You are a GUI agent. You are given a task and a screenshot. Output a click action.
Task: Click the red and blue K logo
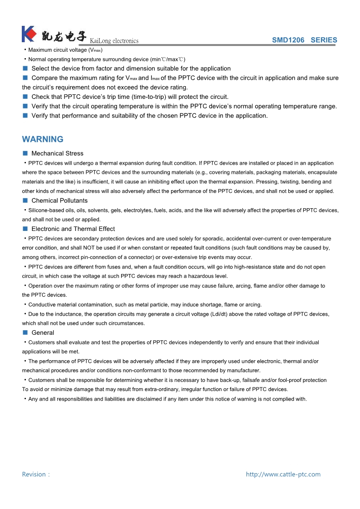point(29,34)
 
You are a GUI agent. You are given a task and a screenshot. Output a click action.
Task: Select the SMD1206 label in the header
point(288,40)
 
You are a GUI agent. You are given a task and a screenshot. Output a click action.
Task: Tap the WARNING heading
point(43,139)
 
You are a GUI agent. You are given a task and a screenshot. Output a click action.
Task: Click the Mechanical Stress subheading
point(57,153)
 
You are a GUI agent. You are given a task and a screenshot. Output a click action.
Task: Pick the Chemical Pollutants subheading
point(59,201)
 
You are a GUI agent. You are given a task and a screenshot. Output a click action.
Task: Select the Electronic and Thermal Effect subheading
point(73,229)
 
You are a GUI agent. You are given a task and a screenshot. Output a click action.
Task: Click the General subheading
point(43,333)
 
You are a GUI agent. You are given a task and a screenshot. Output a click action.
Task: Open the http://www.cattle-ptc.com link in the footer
point(283,475)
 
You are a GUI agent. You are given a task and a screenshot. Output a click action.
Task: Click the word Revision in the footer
point(34,475)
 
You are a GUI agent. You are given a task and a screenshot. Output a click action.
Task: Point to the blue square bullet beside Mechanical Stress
point(25,153)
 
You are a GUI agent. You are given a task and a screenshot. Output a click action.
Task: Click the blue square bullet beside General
point(25,333)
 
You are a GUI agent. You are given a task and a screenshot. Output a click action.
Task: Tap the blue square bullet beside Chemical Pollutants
point(25,201)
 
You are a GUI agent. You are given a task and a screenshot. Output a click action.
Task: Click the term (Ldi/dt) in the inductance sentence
point(232,314)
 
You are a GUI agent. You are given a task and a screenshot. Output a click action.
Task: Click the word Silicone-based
point(46,210)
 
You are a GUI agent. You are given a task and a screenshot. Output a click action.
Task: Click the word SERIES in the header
point(324,40)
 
